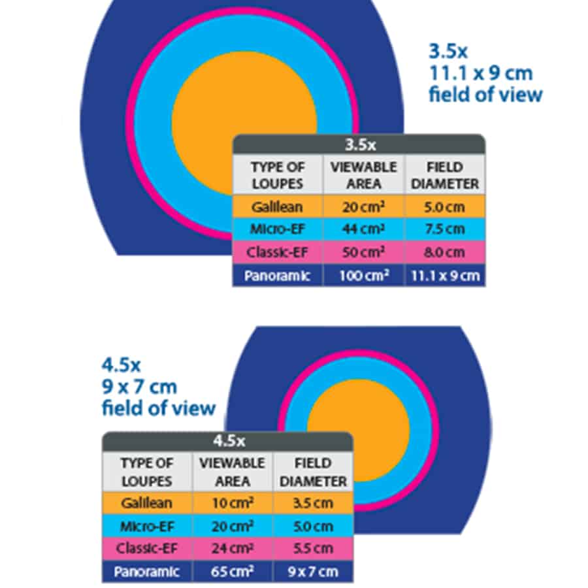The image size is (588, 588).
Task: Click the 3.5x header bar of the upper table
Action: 359,144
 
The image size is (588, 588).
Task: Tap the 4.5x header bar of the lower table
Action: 228,441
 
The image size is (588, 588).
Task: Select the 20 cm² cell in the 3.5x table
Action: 364,206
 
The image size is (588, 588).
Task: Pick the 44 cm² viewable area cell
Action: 364,229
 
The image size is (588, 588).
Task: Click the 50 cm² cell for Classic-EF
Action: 364,252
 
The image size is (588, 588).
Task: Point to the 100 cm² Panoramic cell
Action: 364,276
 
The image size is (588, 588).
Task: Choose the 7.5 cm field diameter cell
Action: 445,229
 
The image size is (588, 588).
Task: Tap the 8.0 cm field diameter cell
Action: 445,252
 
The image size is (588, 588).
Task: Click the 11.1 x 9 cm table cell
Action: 445,276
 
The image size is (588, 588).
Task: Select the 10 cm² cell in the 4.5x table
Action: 233,503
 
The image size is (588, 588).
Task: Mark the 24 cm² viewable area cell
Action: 233,548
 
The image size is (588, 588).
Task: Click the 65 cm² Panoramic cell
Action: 233,572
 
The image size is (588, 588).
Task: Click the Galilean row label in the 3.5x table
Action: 278,206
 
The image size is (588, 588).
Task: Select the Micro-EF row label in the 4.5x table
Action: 147,526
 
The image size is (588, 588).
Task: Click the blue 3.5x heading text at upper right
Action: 448,50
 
